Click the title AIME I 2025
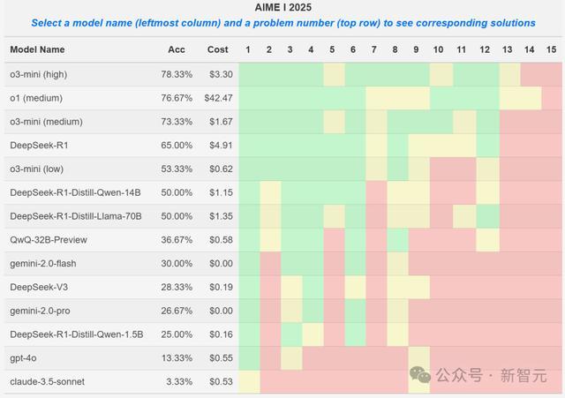[282, 7]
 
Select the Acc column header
[177, 49]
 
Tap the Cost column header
[218, 49]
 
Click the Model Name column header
[37, 49]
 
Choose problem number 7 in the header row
[374, 49]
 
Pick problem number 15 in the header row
[551, 49]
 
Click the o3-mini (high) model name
[39, 74]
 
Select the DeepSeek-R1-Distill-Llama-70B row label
[76, 216]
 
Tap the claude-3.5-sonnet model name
[47, 382]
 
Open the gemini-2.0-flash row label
[43, 264]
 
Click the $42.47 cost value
[218, 98]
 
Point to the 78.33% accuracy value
[177, 74]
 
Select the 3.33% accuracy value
[179, 382]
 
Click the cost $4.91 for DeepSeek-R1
[221, 146]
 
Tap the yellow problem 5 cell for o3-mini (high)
[334, 75]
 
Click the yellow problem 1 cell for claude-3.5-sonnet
[249, 382]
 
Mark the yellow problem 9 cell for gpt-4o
[419, 358]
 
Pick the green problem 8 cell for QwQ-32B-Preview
[398, 240]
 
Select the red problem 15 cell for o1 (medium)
[552, 98]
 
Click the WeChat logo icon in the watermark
[420, 374]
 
